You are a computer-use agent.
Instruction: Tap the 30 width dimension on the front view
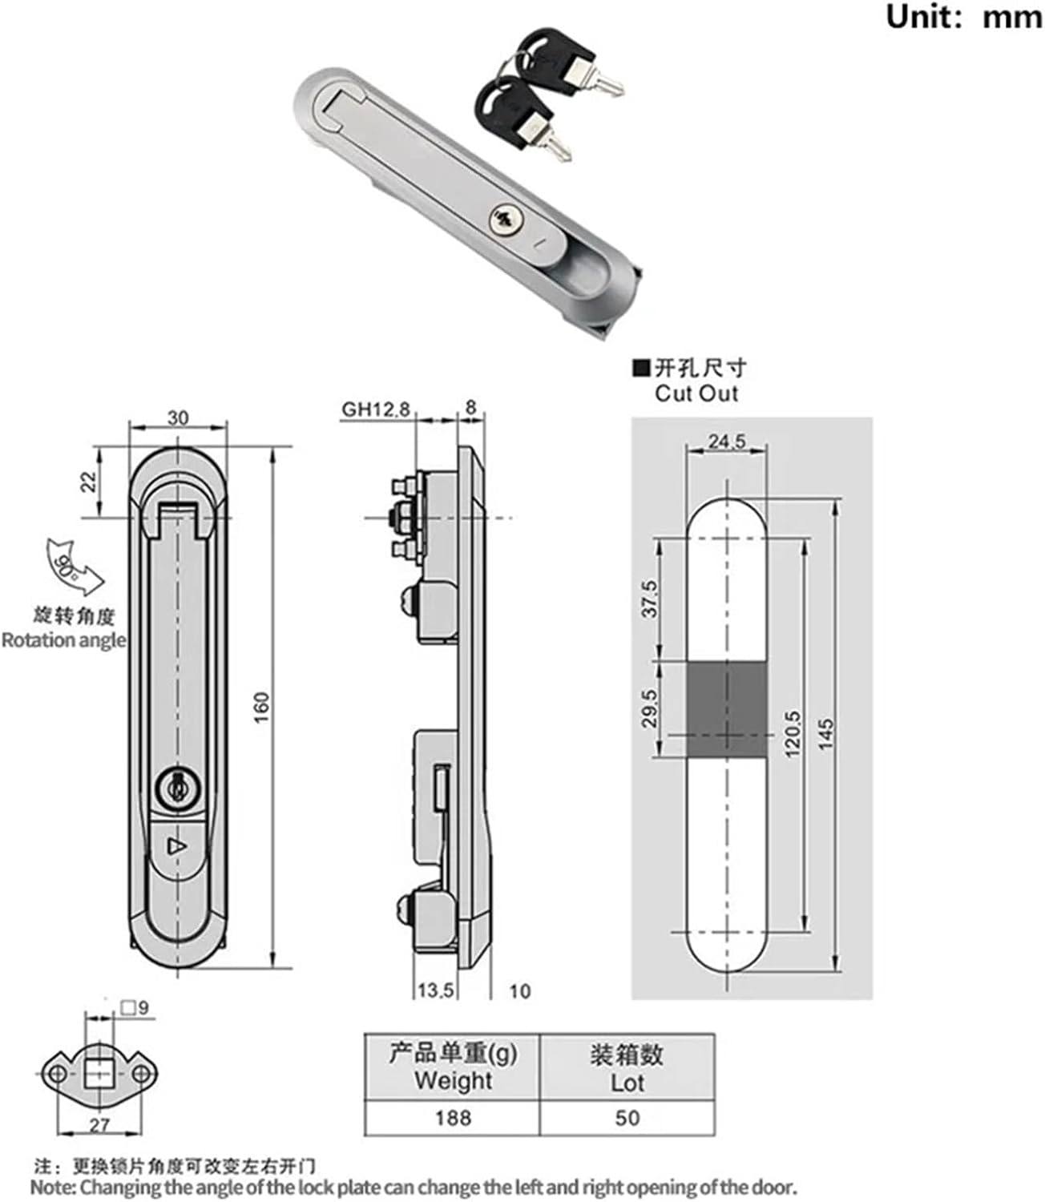[x=178, y=417]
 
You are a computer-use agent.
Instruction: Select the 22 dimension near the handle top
[x=88, y=481]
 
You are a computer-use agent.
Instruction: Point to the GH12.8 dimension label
[x=375, y=409]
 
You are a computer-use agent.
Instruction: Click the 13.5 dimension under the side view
[x=435, y=990]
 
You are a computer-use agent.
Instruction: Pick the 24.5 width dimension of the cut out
[x=727, y=441]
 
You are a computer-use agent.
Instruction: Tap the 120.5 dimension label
[x=792, y=734]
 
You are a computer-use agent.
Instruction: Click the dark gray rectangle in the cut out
[x=727, y=710]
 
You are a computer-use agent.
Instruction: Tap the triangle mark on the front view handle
[x=176, y=846]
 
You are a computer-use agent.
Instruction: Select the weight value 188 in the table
[x=453, y=1117]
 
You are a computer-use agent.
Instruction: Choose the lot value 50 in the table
[x=627, y=1117]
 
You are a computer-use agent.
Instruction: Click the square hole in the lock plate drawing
[x=99, y=1071]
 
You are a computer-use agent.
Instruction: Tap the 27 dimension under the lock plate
[x=99, y=1125]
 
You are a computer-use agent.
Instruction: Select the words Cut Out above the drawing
[x=696, y=393]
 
